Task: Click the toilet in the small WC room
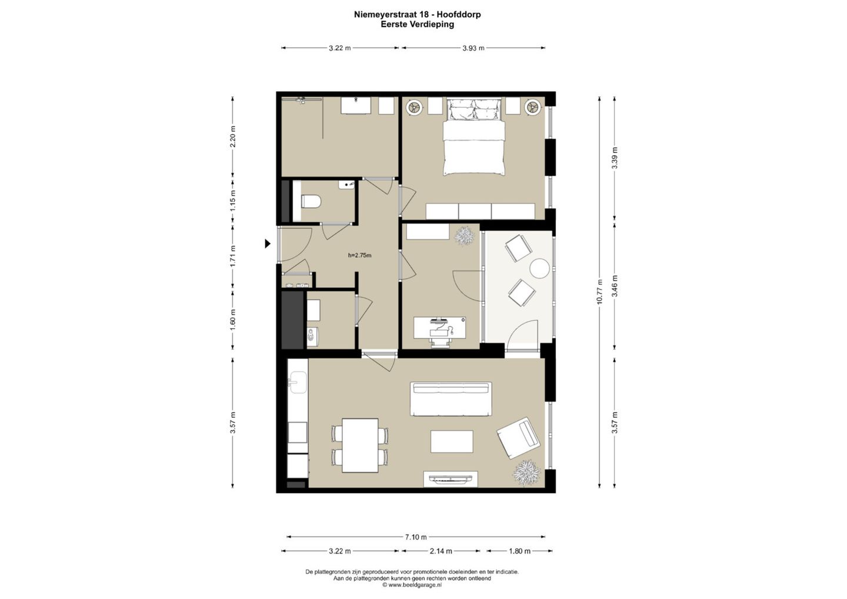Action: [311, 202]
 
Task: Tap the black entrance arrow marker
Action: [267, 244]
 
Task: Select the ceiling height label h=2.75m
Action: [359, 255]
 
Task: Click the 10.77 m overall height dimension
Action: [599, 292]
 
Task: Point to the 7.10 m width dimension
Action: [416, 537]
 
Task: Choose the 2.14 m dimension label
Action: [441, 551]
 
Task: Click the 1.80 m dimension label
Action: [519, 551]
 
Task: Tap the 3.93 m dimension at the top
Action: [473, 48]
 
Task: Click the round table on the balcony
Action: [539, 268]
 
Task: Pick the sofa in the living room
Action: [451, 399]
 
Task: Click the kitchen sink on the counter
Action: [298, 382]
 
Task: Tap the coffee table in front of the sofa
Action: [452, 441]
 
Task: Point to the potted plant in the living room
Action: [526, 472]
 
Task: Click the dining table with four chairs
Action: [360, 445]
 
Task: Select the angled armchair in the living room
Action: [518, 438]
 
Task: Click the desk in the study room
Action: [440, 328]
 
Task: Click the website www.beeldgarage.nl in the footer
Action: [415, 584]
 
